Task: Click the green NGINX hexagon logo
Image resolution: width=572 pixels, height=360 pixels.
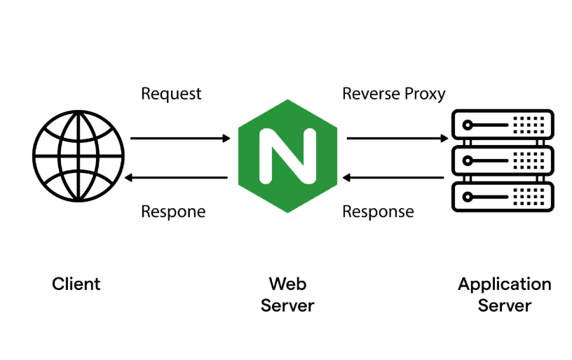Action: pos(287,156)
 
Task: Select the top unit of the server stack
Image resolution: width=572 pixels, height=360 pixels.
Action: pos(502,125)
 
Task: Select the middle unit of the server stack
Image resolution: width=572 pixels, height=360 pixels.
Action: pos(502,161)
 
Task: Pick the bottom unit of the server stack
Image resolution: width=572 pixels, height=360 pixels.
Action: pos(502,197)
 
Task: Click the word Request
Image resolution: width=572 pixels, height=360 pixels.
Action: pos(171,94)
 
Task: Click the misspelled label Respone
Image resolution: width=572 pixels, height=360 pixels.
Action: pos(173,212)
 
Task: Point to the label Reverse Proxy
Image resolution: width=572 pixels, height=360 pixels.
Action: pos(393,94)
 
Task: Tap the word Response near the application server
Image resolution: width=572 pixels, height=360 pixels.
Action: pos(378,212)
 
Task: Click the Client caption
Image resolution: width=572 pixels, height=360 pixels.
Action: pos(76,284)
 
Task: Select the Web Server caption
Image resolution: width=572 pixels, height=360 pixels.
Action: pos(287,295)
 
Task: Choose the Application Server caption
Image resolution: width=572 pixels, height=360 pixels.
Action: pos(504,295)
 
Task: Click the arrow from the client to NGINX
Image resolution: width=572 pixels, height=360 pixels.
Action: pos(179,139)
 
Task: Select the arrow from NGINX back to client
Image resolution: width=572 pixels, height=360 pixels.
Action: pos(179,178)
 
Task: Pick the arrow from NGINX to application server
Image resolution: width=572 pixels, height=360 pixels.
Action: pos(396,139)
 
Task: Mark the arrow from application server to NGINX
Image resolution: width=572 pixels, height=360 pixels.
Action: pos(396,178)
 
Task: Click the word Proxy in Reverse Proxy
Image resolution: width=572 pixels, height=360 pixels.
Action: pos(425,94)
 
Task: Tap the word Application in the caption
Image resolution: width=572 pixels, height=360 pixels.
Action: pos(504,284)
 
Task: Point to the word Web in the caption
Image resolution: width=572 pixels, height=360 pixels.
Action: pos(287,284)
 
